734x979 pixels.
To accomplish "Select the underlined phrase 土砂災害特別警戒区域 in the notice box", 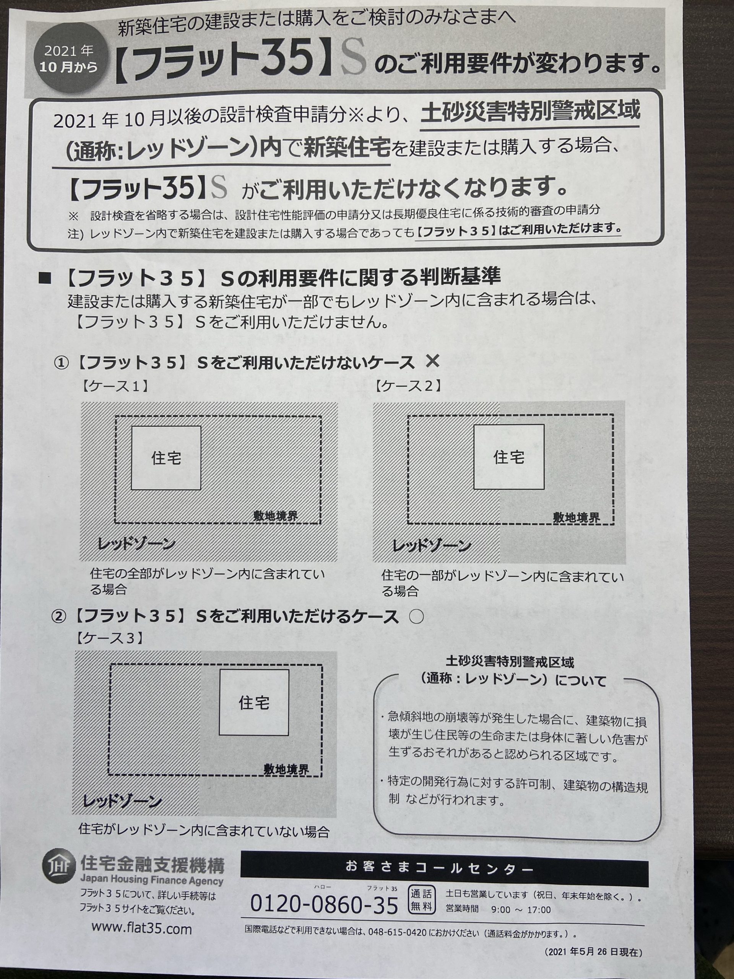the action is [x=530, y=112].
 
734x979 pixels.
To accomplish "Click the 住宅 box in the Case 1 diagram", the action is [x=166, y=458].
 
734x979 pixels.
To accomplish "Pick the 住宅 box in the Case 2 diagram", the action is [x=509, y=456].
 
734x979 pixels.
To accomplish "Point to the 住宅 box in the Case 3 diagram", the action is [x=254, y=703].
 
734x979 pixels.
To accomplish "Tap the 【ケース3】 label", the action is [x=109, y=638].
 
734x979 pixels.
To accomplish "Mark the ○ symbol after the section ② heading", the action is [x=416, y=617].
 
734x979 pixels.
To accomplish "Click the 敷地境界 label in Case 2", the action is [x=576, y=517].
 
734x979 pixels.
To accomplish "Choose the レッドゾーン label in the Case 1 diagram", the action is [x=136, y=543].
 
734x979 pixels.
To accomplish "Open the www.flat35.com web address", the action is [x=141, y=928].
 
